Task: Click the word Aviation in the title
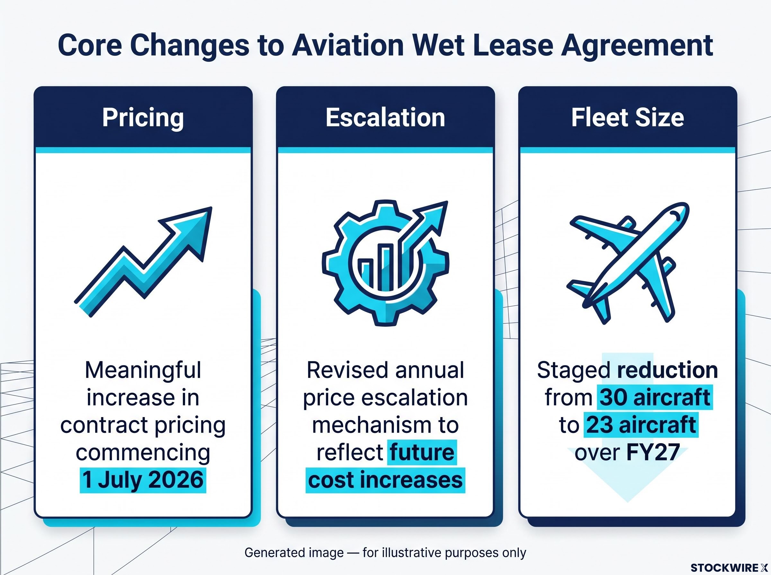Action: point(347,45)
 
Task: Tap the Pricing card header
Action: point(143,117)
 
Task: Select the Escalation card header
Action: point(385,117)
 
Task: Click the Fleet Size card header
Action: point(627,117)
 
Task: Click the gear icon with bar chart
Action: point(385,263)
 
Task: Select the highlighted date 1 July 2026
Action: point(143,480)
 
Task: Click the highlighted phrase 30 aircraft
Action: point(655,397)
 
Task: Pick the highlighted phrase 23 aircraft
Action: point(641,425)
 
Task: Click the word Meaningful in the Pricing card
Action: point(143,370)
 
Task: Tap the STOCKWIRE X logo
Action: point(729,568)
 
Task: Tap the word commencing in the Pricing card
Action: point(143,453)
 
